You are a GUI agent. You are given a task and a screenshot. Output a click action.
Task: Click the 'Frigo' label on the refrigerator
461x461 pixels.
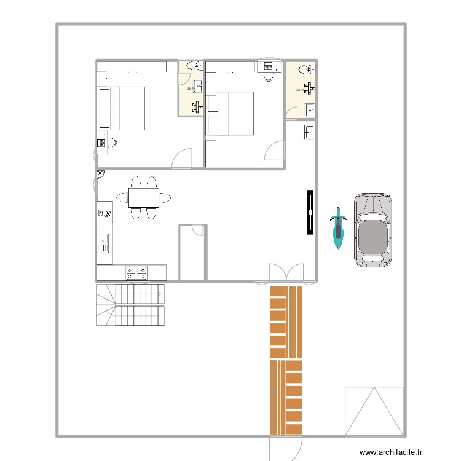[104, 213]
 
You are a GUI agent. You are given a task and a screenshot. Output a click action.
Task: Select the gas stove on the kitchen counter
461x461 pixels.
[136, 272]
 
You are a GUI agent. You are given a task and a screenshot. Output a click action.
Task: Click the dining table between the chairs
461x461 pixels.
[143, 197]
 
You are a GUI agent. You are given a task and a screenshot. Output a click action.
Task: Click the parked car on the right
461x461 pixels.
[372, 229]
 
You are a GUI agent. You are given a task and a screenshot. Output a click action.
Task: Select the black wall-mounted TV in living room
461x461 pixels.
[310, 212]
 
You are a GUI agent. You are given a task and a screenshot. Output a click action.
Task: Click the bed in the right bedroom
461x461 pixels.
[231, 114]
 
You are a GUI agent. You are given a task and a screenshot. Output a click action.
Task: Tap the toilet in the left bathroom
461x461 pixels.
[191, 66]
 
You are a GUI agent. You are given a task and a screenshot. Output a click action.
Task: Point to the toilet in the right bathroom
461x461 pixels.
[303, 70]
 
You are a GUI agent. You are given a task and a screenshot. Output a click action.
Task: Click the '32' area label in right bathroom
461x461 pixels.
[298, 90]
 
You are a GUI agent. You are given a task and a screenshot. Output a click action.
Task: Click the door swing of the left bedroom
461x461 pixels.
[183, 159]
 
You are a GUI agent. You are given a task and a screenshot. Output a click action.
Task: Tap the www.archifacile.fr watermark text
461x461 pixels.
[392, 452]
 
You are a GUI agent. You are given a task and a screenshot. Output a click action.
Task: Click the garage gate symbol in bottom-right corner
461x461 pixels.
[373, 411]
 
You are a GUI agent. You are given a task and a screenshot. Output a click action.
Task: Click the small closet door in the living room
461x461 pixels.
[197, 230]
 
